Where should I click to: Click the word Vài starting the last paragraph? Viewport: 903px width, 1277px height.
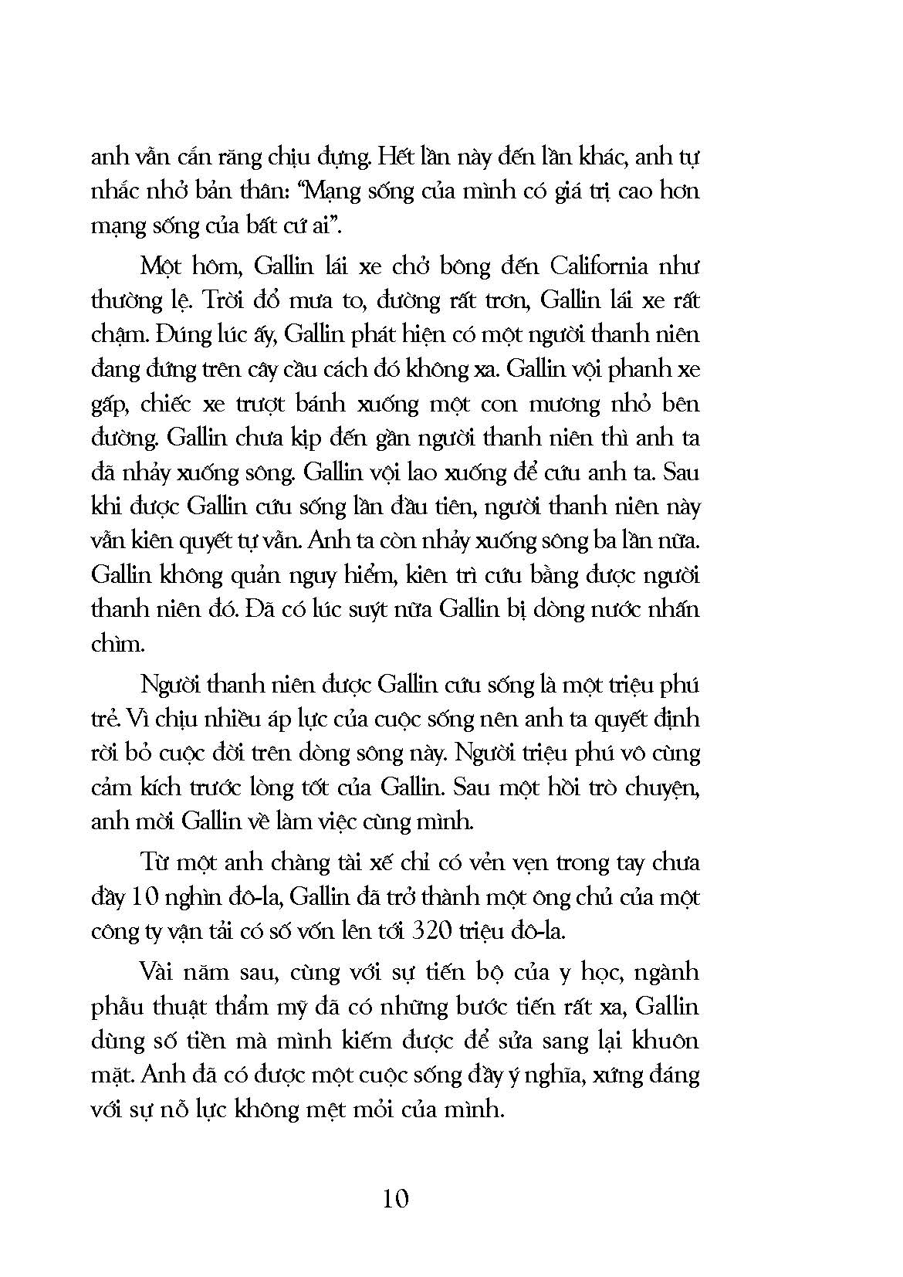tap(157, 971)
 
